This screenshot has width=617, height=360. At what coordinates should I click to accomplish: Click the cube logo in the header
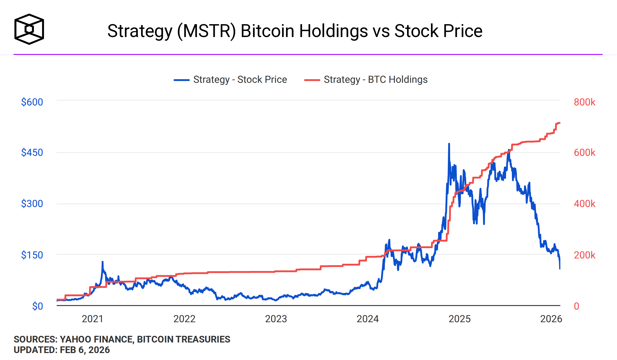[29, 29]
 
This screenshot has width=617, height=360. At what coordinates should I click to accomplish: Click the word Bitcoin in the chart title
[267, 31]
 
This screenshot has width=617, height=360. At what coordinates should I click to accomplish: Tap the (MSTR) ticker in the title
[206, 31]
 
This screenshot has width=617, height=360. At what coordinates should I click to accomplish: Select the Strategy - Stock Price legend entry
[231, 80]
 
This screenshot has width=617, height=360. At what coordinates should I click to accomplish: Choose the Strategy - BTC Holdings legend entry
[366, 80]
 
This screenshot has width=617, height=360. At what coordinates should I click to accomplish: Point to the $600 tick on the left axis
[32, 102]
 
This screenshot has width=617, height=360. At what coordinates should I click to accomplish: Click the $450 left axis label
[32, 152]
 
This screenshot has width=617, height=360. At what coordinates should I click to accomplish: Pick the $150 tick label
[32, 255]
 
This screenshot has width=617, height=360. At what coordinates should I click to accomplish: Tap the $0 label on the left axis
[38, 306]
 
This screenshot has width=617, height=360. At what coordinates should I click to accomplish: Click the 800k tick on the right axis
[584, 102]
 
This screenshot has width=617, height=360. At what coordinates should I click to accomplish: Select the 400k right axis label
[584, 204]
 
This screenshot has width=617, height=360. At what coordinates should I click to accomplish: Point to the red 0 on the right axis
[576, 306]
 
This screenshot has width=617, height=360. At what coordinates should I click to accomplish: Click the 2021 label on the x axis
[92, 319]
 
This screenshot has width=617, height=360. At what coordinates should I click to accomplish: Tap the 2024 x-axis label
[367, 319]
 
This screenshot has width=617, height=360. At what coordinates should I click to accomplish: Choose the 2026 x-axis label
[551, 319]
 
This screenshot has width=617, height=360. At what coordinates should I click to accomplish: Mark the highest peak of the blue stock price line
[449, 144]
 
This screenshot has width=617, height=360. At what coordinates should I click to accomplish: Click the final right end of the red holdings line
[559, 123]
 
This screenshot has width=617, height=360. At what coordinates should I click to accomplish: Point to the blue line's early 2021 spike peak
[103, 262]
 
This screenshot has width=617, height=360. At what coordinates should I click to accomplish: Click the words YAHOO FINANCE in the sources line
[97, 339]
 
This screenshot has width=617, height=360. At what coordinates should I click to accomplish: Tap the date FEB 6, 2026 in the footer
[85, 350]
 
